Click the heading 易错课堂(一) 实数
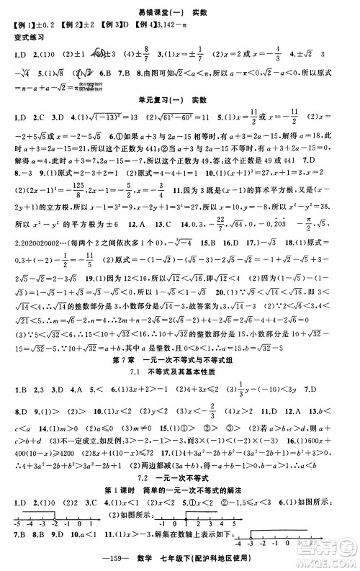pyautogui.click(x=179, y=14)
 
